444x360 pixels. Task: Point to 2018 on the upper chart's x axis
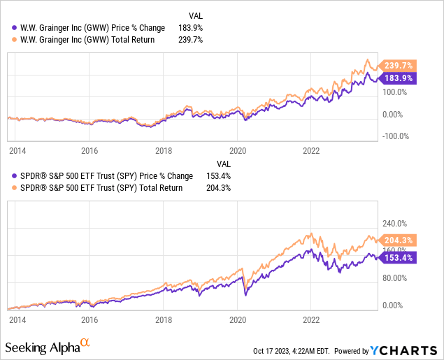[x=163, y=150]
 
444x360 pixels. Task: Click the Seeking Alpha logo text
[x=43, y=347]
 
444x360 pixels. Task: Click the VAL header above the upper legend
[x=198, y=15]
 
